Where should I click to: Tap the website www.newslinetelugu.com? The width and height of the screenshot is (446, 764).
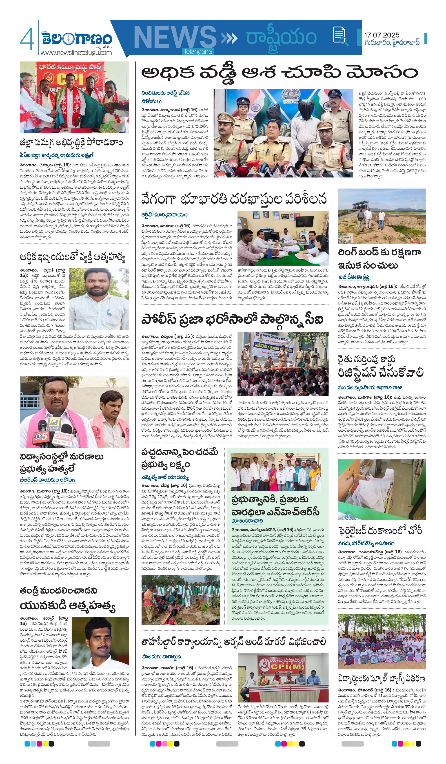coord(76,53)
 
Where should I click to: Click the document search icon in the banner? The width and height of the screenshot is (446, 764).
coord(339,35)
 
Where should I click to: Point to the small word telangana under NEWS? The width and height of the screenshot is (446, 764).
coord(198,52)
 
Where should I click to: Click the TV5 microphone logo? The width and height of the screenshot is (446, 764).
coord(41,436)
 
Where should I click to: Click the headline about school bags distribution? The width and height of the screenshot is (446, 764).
coord(381,678)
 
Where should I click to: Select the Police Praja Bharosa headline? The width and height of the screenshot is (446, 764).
coord(232,320)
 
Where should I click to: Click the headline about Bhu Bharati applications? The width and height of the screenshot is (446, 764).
coord(234,199)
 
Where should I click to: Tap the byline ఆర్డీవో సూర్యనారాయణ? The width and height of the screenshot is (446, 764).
coord(164,215)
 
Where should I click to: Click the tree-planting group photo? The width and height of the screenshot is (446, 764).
coord(181,600)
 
